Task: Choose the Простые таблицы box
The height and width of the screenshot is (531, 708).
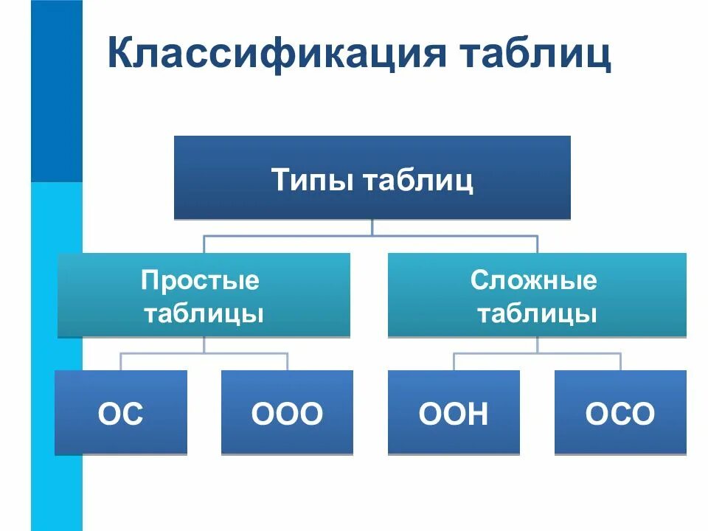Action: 204,295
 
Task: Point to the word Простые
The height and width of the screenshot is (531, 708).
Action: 201,280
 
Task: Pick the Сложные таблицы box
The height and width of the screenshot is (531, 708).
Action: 537,295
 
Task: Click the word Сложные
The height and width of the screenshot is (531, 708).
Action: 534,280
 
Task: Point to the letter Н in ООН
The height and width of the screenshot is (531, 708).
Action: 476,414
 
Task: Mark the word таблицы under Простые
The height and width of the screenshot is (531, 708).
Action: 204,313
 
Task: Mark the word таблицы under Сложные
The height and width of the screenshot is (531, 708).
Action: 536,313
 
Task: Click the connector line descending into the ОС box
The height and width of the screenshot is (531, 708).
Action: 120,361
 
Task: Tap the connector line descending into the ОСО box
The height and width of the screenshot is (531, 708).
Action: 620,361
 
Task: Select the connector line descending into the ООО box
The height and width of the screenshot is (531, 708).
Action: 287,361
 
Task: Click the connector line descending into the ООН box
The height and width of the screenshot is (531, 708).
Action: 454,361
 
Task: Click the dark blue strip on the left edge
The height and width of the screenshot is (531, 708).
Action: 56,88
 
